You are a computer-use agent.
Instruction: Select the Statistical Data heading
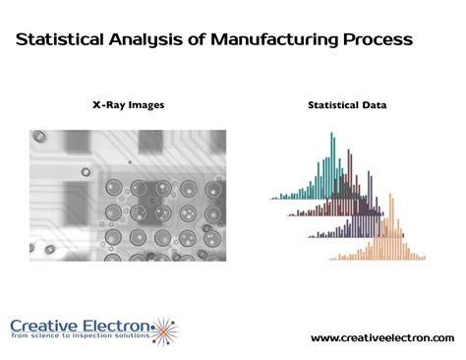click(x=347, y=103)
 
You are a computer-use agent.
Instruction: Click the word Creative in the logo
click(x=46, y=326)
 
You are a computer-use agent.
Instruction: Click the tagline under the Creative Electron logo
click(x=83, y=337)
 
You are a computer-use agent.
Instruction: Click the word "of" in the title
click(x=195, y=40)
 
